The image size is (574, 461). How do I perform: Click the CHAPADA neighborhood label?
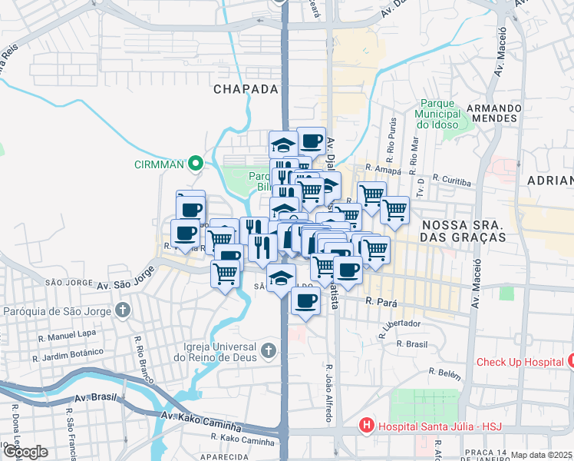point(245,89)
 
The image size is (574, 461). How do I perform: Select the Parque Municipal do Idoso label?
point(437,114)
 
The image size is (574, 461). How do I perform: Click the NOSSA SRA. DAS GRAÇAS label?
point(463,230)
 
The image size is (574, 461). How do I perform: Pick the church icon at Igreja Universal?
point(268,351)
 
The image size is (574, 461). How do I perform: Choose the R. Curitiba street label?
point(451,179)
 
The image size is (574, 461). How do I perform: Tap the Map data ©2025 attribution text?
point(542,455)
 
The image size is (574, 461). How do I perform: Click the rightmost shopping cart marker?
point(394,208)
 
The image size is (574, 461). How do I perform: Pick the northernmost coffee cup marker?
point(311,141)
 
